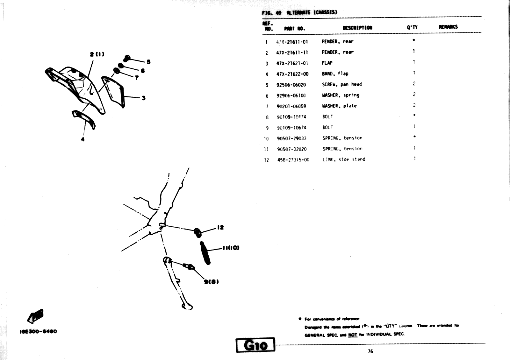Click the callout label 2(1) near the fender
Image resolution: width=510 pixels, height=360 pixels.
coord(97,54)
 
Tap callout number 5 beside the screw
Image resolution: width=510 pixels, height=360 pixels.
coord(148,62)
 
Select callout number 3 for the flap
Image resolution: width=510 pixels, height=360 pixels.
coord(144,98)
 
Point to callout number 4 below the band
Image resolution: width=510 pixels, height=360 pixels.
coord(83,139)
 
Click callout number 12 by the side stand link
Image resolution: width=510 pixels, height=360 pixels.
coord(220,227)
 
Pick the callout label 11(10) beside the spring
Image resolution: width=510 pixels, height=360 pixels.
coord(231,248)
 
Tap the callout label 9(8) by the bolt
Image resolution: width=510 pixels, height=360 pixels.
coord(211,282)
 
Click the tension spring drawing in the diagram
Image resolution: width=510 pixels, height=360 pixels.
coord(205,253)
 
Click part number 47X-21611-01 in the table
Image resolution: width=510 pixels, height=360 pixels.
coord(292,42)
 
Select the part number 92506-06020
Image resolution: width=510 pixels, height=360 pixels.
coord(291,85)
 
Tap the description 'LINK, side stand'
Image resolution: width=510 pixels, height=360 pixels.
coord(344,159)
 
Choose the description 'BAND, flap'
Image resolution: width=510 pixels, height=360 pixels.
coord(335,74)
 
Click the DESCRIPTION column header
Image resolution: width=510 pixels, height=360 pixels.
coord(357,28)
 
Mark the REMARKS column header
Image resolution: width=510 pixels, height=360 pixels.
coord(448,27)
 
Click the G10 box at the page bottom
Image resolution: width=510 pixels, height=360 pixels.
coord(255,345)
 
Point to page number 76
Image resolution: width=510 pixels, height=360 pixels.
coord(370,351)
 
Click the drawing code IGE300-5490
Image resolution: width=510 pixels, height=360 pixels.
coord(36,331)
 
